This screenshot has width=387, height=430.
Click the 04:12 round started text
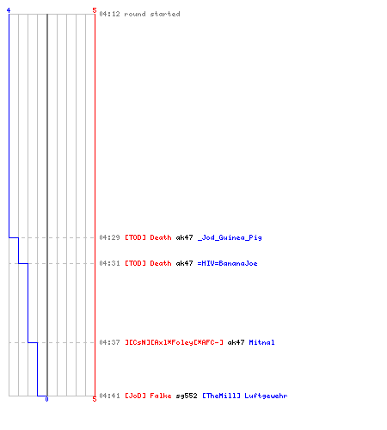point(139,14)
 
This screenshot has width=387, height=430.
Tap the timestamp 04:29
point(109,237)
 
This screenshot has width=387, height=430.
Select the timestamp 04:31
point(109,263)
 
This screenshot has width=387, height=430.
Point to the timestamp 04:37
point(109,342)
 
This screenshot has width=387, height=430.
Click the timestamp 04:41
point(109,396)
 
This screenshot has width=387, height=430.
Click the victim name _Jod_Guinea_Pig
point(230,237)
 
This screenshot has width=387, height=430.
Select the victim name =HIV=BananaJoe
point(227,263)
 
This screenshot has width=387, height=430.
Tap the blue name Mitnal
point(261,342)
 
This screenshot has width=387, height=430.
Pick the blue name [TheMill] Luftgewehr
point(245,396)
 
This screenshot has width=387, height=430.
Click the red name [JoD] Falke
point(148,396)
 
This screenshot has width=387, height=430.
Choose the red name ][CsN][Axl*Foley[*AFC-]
point(174,342)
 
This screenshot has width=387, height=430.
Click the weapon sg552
point(187,396)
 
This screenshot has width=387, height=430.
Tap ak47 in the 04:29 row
point(184,237)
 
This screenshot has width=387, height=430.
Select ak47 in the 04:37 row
point(236,342)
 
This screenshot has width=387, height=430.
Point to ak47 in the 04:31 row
point(184,263)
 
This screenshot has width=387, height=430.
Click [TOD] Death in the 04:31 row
point(148,263)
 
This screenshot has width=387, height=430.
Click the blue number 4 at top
point(9,10)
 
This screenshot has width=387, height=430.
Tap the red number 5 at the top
point(95,10)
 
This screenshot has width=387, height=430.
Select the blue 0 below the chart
point(46,399)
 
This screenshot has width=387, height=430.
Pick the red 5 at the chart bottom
point(95,399)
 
